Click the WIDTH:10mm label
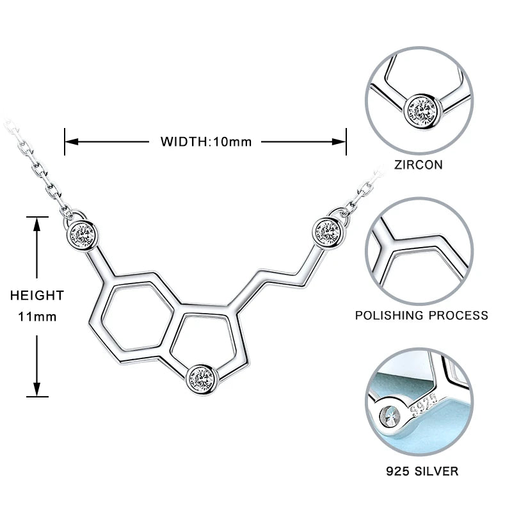point(206,141)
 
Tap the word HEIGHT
point(37,295)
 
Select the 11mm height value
point(37,316)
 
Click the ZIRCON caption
point(419,164)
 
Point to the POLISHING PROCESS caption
point(422,315)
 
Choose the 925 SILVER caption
point(422,471)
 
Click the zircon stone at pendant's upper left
point(83,235)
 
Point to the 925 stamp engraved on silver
point(425,406)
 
